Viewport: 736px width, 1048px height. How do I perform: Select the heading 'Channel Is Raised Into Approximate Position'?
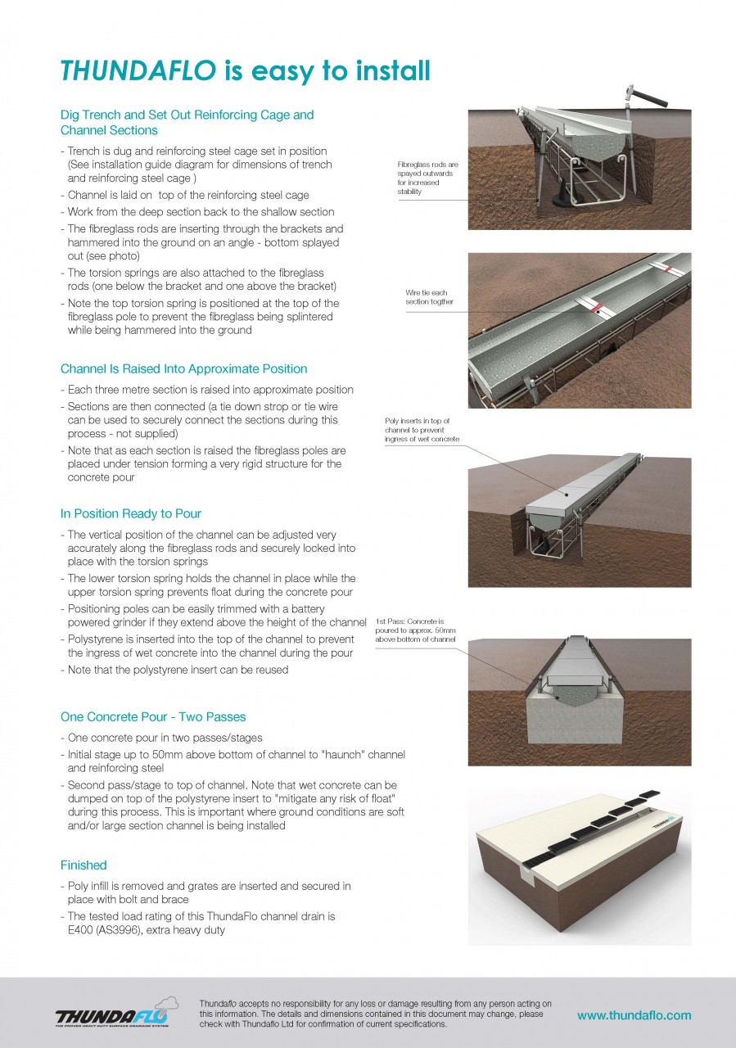(183, 369)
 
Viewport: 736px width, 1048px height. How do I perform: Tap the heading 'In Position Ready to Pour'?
(131, 514)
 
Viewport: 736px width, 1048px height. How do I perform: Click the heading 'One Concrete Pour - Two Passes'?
(153, 717)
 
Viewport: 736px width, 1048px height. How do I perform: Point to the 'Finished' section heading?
(84, 865)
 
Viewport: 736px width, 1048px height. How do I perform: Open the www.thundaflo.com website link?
(634, 1015)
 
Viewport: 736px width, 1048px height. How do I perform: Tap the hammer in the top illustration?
(639, 97)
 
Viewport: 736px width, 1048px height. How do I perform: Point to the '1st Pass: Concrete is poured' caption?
(415, 630)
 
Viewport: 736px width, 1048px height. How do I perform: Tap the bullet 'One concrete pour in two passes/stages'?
(164, 738)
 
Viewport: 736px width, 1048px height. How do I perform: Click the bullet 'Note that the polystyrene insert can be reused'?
(174, 670)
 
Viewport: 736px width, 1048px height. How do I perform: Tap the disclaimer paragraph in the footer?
(375, 1014)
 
